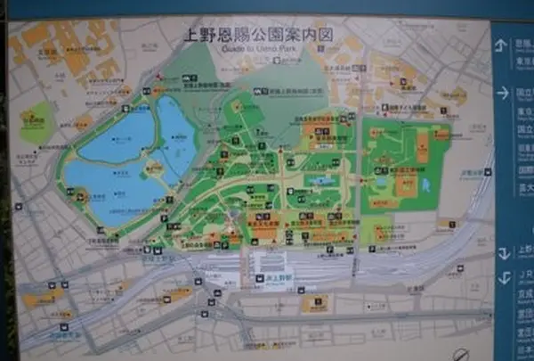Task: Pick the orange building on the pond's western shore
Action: [81, 197]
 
